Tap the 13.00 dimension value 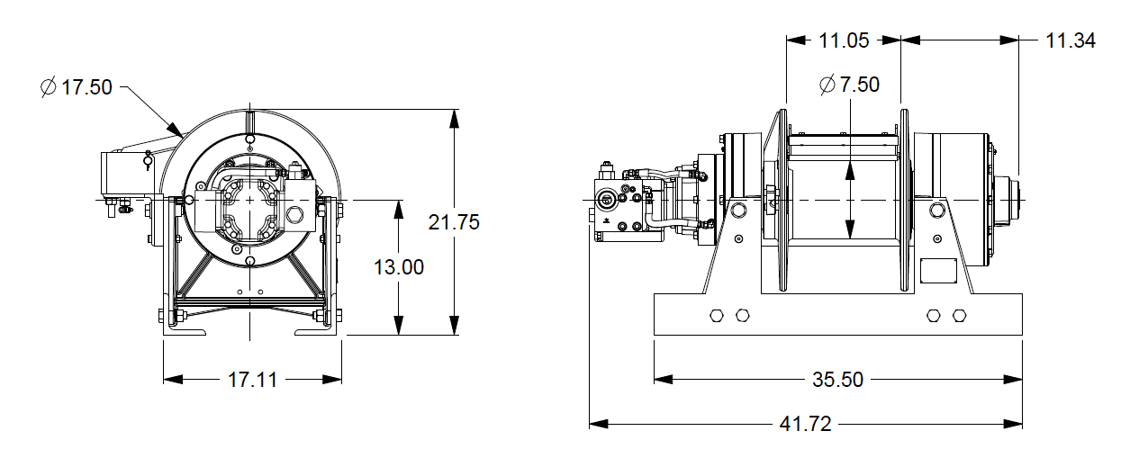click(x=399, y=267)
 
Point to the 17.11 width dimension click(x=252, y=380)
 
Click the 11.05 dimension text click(x=844, y=40)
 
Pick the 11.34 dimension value click(x=1071, y=40)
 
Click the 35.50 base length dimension click(x=837, y=380)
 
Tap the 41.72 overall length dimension click(x=806, y=424)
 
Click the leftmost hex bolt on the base click(x=717, y=316)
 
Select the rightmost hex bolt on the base click(x=959, y=316)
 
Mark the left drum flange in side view click(x=782, y=202)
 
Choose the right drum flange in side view click(x=905, y=202)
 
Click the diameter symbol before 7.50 click(x=827, y=85)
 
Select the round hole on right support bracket click(x=936, y=210)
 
